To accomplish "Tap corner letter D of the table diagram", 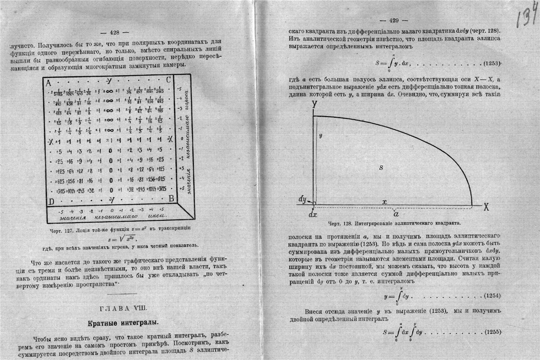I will pyautogui.click(x=51, y=201).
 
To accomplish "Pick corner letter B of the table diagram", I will pyautogui.click(x=171, y=198).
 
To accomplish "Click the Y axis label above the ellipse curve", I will pyautogui.click(x=313, y=104).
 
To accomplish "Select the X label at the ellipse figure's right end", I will pyautogui.click(x=486, y=207).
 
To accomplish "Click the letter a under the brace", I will pyautogui.click(x=396, y=213).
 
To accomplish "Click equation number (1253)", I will pyautogui.click(x=491, y=63).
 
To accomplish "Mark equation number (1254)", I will pyautogui.click(x=491, y=296).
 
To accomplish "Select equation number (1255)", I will pyautogui.click(x=491, y=332).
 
